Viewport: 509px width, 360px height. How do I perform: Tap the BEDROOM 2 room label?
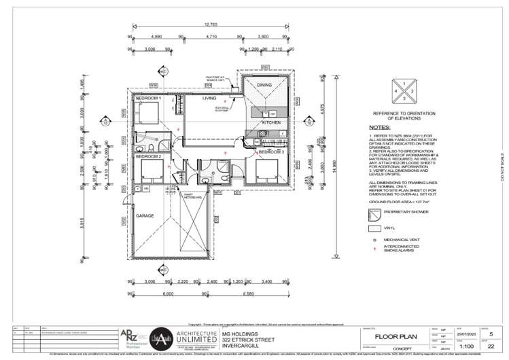(148, 156)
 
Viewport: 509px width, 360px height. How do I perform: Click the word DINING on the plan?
(264, 85)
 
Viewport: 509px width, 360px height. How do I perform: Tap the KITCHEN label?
(272, 122)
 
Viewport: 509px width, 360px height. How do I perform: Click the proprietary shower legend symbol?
(372, 213)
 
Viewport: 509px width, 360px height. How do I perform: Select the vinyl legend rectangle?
(372, 228)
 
